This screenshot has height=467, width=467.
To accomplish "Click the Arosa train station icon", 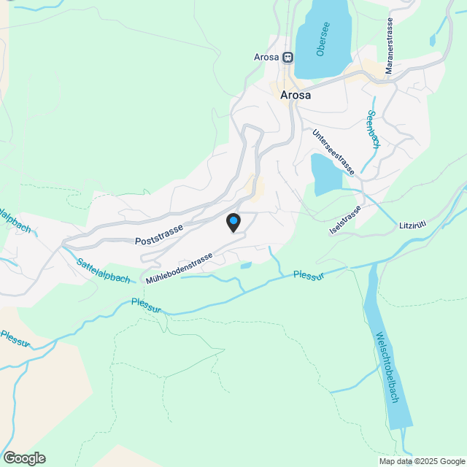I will click(x=288, y=57).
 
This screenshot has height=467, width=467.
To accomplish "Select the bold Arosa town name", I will click(x=296, y=95).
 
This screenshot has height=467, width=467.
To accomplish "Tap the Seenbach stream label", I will click(x=373, y=130).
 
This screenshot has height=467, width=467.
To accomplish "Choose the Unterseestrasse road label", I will click(x=333, y=153).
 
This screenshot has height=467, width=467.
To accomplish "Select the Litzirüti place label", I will click(x=417, y=224).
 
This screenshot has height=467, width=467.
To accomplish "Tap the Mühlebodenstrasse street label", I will click(x=179, y=269).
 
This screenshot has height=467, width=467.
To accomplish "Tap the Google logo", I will click(x=24, y=458).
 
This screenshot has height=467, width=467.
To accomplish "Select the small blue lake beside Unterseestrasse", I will click(x=325, y=174).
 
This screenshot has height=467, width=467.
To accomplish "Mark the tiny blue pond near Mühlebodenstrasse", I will click(x=246, y=265).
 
